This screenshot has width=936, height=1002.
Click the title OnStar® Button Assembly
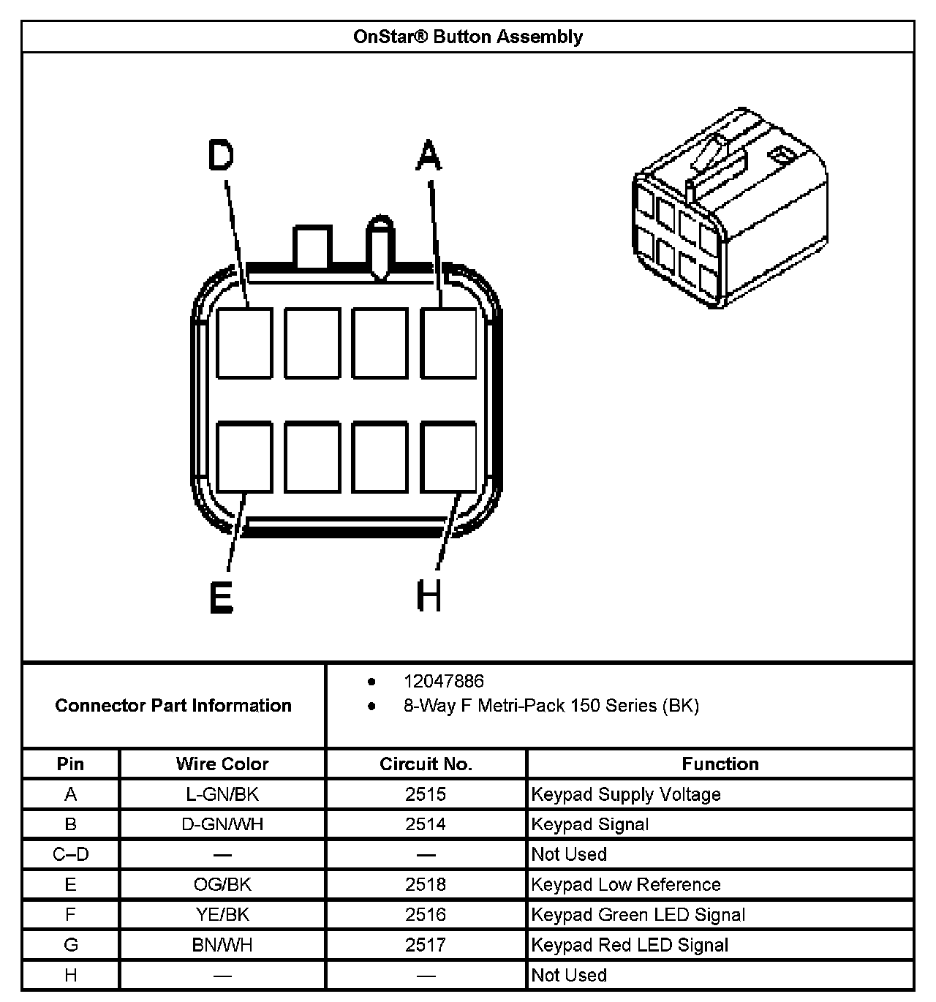pos(467,37)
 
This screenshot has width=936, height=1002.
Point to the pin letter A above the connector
pos(429,155)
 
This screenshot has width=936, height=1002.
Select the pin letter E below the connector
pos(220,598)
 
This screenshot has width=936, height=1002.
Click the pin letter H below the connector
pos(429,595)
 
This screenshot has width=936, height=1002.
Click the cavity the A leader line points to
pos(448,343)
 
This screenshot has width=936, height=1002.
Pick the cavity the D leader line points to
pos(245,343)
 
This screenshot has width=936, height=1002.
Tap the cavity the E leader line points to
pos(245,457)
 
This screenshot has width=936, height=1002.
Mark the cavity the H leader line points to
pos(448,457)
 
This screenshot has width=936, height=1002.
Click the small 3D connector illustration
pos(729,208)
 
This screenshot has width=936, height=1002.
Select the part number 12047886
pos(443,682)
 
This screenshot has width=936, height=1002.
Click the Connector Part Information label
pos(173,706)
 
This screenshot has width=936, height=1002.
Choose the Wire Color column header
pos(222,764)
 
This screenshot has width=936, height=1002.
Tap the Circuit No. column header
pos(426,764)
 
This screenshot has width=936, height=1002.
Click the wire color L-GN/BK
pos(222,794)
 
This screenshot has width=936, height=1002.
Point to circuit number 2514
pos(426,824)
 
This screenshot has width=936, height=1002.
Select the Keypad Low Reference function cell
pos(626,885)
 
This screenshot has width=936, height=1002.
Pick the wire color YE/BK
pos(222,915)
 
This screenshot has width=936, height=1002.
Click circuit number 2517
pos(426,945)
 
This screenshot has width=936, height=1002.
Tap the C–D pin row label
pos(71,854)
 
